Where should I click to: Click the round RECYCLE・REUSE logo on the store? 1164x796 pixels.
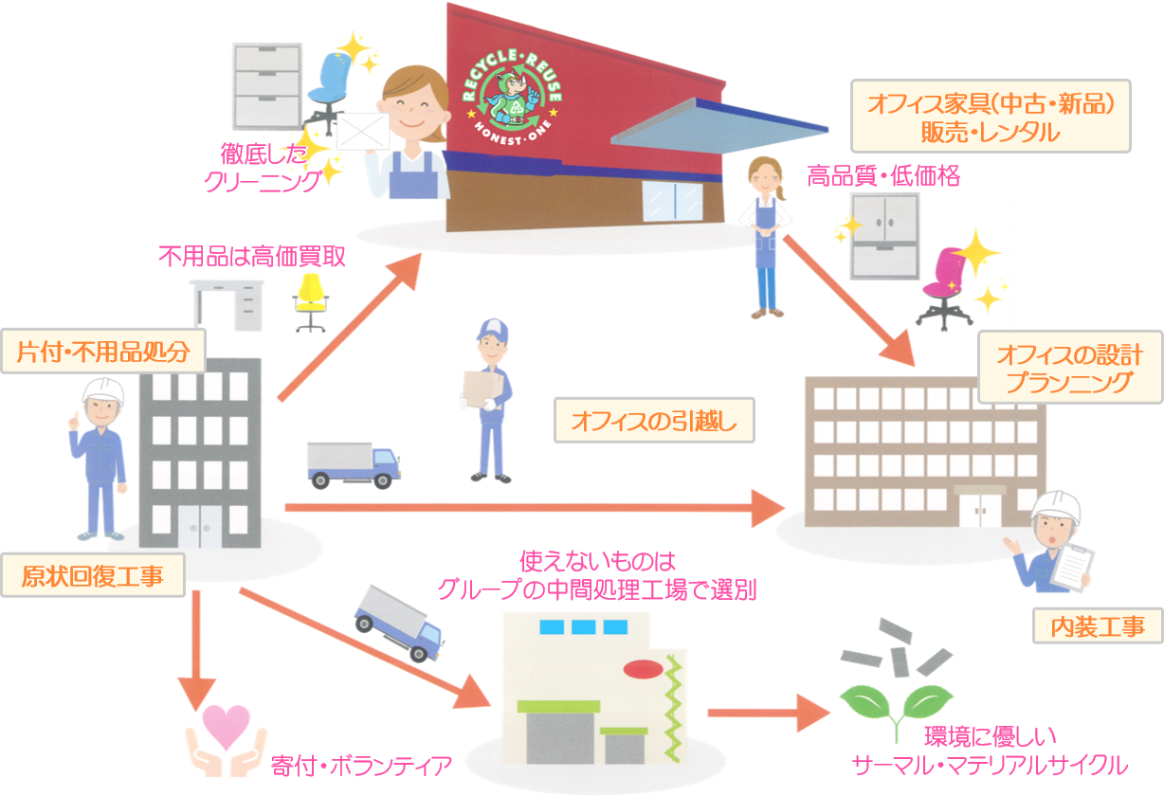[513, 95]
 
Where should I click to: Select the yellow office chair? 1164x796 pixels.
[309, 301]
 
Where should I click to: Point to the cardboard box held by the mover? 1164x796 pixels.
[475, 389]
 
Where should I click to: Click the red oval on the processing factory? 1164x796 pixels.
[644, 669]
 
